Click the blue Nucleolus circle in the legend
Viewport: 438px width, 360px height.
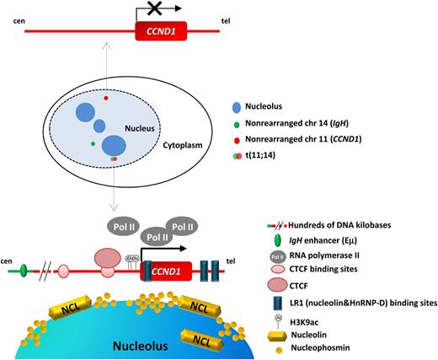click(x=238, y=109)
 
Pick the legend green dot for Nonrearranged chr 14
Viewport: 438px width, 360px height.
click(x=238, y=124)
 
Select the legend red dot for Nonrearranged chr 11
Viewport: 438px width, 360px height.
click(x=238, y=139)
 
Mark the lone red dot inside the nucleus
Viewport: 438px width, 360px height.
click(x=106, y=99)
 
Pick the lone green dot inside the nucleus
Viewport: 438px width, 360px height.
click(x=93, y=144)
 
